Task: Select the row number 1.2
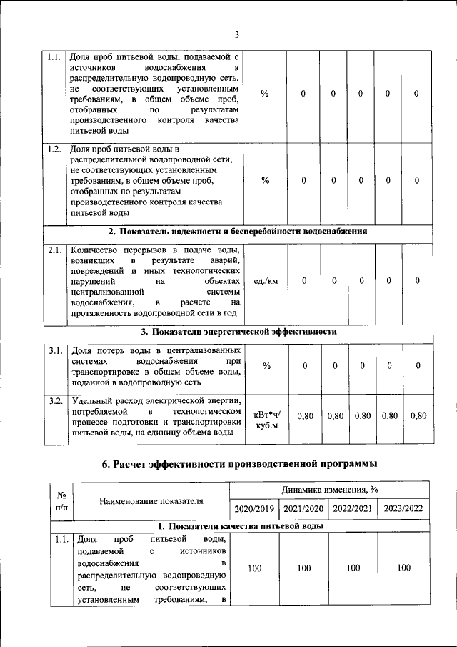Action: tap(54, 149)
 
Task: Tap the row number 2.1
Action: tap(54, 251)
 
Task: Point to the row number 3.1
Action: tap(54, 351)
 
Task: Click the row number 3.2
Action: tap(54, 400)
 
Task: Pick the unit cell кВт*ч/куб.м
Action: tap(267, 420)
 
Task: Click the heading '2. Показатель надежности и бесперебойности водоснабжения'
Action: tap(237, 232)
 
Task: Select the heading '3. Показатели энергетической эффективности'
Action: tap(237, 332)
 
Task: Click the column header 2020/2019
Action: tap(253, 508)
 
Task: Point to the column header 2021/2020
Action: tap(303, 508)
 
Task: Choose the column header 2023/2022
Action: tap(404, 508)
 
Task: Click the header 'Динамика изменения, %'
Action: tap(329, 490)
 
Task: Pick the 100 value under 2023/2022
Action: tap(404, 568)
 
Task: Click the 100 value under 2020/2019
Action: tap(253, 568)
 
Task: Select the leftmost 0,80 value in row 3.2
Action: tap(304, 415)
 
